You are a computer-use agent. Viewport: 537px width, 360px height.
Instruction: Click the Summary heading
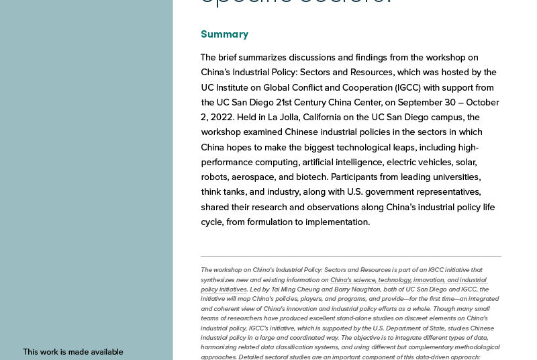click(224, 34)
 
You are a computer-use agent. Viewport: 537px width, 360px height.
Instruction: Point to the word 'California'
click(308, 117)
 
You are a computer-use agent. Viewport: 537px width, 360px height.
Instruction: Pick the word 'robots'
click(215, 177)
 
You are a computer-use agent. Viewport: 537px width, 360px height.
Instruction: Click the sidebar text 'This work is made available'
click(73, 352)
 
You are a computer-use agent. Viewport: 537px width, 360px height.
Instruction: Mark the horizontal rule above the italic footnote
click(350, 256)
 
